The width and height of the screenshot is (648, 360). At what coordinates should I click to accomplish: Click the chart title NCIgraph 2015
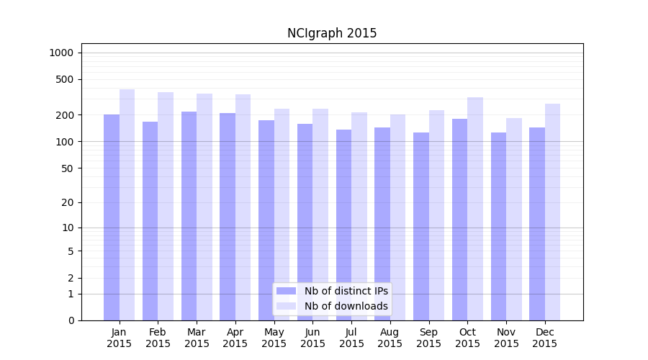(x=332, y=33)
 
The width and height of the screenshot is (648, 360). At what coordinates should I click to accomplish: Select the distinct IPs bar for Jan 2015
(x=112, y=216)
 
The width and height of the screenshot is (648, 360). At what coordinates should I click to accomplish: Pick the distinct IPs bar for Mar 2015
(x=189, y=216)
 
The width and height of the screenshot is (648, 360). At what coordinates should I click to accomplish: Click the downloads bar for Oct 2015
(x=475, y=209)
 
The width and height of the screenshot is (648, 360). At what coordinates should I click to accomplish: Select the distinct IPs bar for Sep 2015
(x=421, y=227)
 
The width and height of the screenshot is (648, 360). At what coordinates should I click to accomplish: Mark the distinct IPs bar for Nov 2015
(x=498, y=227)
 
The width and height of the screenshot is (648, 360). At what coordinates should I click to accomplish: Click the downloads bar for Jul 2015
(x=359, y=216)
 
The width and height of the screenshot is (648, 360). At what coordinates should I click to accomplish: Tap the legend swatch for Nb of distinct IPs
(x=286, y=291)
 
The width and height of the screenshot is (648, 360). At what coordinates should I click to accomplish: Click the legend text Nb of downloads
(x=346, y=306)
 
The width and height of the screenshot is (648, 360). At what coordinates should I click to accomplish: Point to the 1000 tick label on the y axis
(x=61, y=53)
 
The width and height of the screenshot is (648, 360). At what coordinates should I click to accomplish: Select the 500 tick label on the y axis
(x=65, y=79)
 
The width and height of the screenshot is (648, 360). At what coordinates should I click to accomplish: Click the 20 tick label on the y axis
(x=67, y=202)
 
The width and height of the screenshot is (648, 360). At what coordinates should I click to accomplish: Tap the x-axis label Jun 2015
(x=312, y=338)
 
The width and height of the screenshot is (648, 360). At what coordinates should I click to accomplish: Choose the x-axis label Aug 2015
(x=390, y=338)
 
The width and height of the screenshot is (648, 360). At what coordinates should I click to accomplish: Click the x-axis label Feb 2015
(x=158, y=338)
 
